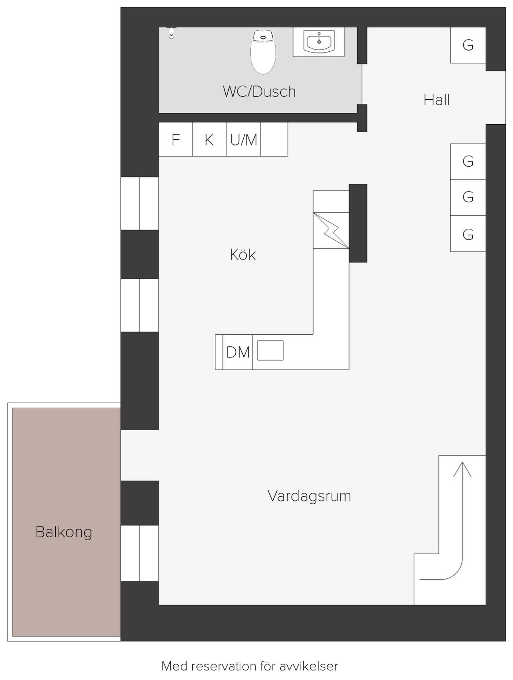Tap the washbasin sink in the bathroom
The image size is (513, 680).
click(319, 42)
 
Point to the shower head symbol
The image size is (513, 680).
click(171, 33)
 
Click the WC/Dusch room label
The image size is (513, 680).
click(259, 92)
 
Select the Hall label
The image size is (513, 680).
click(436, 100)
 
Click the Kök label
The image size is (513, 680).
click(243, 254)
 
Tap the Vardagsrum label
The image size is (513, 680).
click(309, 496)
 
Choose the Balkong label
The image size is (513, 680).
click(64, 532)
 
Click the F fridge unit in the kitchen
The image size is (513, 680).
click(176, 139)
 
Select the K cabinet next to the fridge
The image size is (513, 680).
click(210, 139)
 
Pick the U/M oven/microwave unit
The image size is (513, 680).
click(244, 139)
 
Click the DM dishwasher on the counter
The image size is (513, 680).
click(238, 352)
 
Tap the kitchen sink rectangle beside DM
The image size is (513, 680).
click(270, 350)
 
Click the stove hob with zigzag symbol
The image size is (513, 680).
click(331, 231)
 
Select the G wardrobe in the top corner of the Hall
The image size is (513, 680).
click(468, 45)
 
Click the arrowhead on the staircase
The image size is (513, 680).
click(462, 469)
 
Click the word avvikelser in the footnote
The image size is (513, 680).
click(309, 666)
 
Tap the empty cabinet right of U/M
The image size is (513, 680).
click(274, 139)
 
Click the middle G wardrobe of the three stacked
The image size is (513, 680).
click(468, 197)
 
